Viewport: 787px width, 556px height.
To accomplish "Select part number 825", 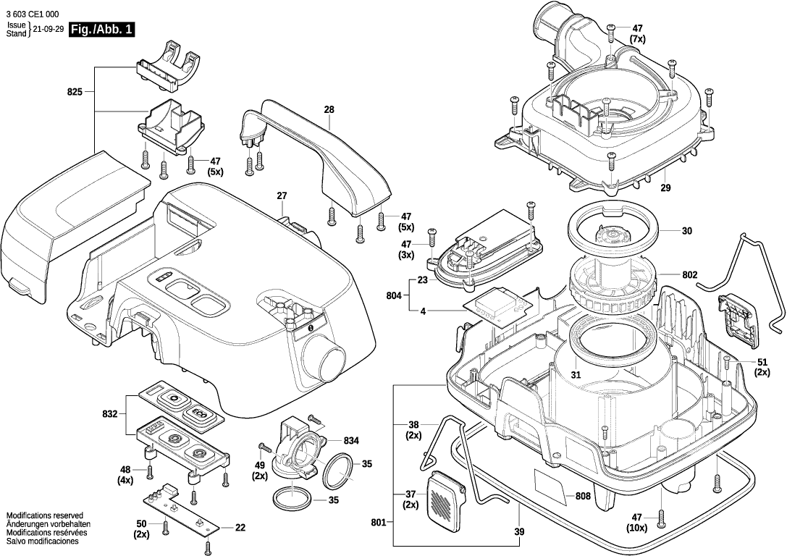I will pyautogui.click(x=75, y=92).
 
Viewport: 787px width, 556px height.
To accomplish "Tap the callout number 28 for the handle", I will pyautogui.click(x=329, y=109).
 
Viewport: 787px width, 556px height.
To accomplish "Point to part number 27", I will pyautogui.click(x=282, y=195).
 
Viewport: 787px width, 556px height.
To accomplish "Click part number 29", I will pyautogui.click(x=665, y=188).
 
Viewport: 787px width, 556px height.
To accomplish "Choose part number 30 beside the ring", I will pyautogui.click(x=687, y=231).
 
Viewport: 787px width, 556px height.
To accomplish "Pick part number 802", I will pyautogui.click(x=689, y=275).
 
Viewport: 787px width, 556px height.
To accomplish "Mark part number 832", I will pyautogui.click(x=109, y=413).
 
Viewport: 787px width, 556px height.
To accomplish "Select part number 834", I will pyautogui.click(x=352, y=440).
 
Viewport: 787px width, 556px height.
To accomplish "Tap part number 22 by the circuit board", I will pyautogui.click(x=240, y=527).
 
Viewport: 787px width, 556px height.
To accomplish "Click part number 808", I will pyautogui.click(x=583, y=497).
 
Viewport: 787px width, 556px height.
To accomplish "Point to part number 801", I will pyautogui.click(x=378, y=521).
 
